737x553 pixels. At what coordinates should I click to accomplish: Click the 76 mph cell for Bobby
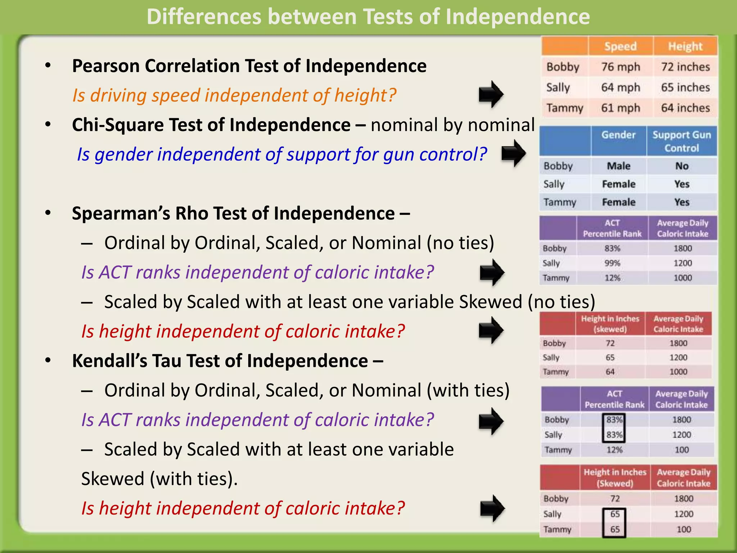pos(620,67)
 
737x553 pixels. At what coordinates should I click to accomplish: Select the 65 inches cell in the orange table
pos(685,87)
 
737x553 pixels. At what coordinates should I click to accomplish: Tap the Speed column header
pos(620,46)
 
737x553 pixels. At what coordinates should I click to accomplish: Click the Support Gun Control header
pos(682,141)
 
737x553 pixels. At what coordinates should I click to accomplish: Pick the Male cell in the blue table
pos(619,166)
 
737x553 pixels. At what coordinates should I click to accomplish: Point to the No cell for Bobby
pos(682,166)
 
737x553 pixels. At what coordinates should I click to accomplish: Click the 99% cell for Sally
pos(612,263)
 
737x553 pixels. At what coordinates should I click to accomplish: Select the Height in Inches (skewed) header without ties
pos(610,324)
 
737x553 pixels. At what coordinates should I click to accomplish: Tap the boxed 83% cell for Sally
pos(614,435)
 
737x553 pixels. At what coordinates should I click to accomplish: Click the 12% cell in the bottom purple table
pos(614,450)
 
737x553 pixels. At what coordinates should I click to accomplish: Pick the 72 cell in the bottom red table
pos(615,499)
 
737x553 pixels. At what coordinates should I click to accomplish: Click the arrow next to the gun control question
pos(514,153)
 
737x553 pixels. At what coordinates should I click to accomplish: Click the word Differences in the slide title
pos(204,17)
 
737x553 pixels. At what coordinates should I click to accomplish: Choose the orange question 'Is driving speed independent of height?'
pos(234,95)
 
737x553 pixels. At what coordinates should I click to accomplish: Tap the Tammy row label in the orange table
pos(564,108)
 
